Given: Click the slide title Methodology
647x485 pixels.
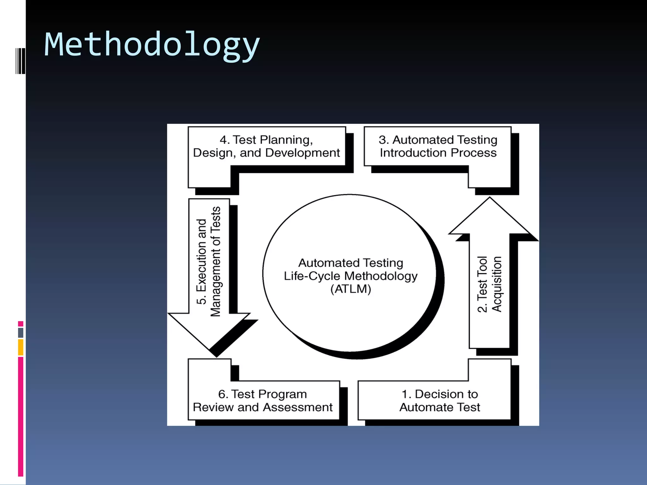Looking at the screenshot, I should click(152, 45).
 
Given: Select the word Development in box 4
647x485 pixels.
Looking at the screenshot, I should click(302, 153).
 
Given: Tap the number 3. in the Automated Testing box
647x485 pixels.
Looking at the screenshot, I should click(384, 140).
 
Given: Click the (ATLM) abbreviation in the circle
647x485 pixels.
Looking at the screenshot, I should click(351, 289).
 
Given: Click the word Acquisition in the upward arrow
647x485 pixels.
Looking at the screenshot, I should click(496, 284).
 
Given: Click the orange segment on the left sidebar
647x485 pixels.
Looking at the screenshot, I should click(21, 347).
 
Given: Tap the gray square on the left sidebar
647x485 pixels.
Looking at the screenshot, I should click(21, 332).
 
